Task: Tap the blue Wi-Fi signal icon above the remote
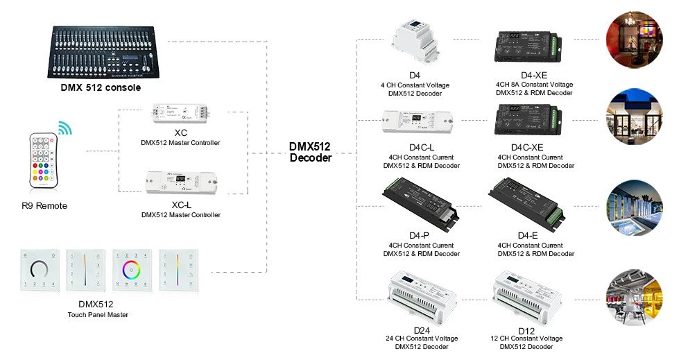[64, 128]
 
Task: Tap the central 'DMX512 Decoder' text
[310, 152]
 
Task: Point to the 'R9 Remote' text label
[44, 206]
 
